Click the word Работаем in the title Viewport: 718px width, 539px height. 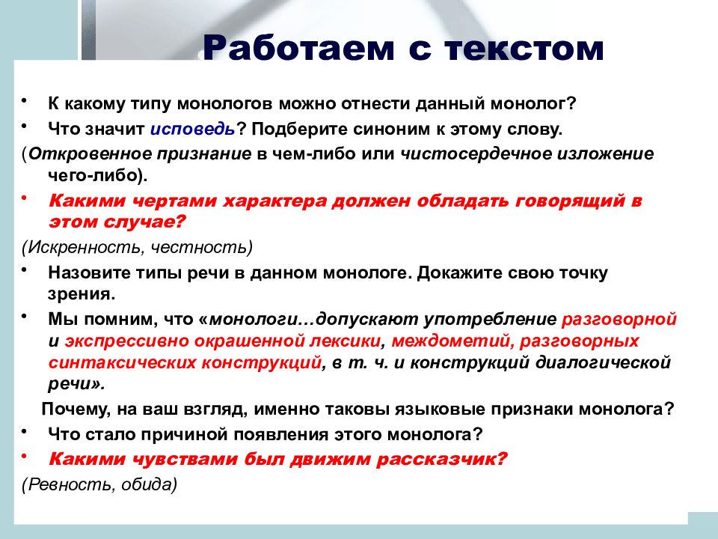pyautogui.click(x=298, y=48)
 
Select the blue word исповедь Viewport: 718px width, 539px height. pyautogui.click(x=192, y=130)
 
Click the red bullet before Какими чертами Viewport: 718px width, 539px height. pyautogui.click(x=24, y=198)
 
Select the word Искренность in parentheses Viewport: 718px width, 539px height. pyautogui.click(x=86, y=248)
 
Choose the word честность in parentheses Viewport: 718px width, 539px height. pyautogui.click(x=199, y=248)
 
